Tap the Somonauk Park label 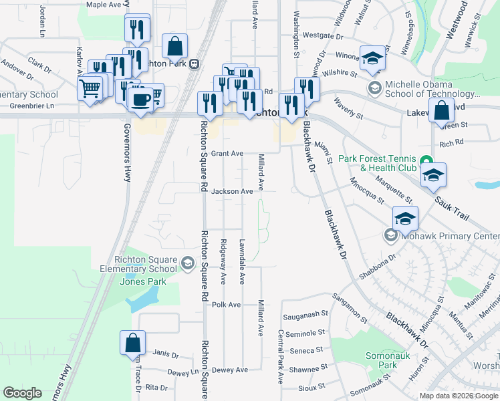(382, 361)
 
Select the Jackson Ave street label (232, 191)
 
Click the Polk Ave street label (226, 305)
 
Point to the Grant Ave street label (227, 153)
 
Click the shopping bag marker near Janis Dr (133, 342)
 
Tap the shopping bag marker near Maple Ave (174, 47)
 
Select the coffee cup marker (140, 99)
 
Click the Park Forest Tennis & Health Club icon (425, 159)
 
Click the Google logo (22, 393)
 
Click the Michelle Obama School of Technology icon (374, 87)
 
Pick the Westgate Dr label (322, 35)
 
